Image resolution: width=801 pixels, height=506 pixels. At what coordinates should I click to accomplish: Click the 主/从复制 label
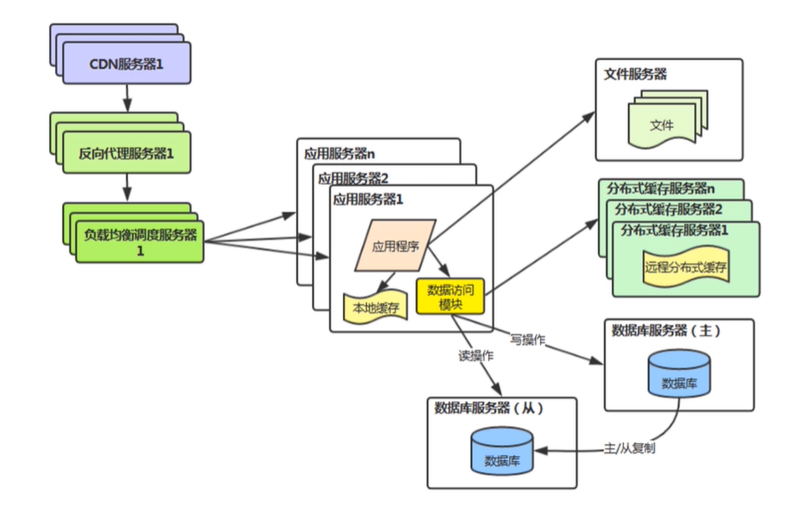tap(630, 448)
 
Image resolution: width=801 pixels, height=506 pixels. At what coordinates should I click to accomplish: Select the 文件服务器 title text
tap(635, 75)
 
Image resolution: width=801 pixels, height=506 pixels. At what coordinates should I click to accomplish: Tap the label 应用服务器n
tap(339, 154)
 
